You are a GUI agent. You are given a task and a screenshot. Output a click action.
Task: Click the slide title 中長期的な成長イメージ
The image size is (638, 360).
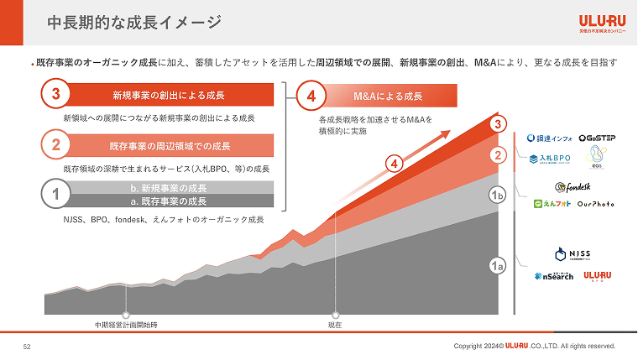coord(134,23)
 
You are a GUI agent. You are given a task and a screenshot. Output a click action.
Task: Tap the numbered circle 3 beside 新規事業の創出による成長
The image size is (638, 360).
coord(55,94)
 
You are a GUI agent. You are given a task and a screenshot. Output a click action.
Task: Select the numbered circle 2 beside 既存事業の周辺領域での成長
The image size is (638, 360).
coord(55,145)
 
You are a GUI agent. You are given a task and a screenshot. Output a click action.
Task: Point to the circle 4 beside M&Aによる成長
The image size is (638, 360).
coord(311,95)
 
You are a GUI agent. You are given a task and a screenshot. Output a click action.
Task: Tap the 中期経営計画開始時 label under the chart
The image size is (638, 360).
coord(126,325)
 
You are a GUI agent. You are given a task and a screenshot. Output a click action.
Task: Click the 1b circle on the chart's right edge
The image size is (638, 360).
coord(497,196)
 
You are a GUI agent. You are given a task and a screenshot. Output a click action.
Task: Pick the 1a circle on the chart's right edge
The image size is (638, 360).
coord(497,266)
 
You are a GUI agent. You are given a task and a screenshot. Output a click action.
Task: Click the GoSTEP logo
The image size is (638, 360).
coord(595,138)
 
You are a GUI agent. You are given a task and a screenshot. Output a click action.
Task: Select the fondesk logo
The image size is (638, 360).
coord(574,186)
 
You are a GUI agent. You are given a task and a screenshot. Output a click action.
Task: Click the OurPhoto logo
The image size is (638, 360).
coord(596,204)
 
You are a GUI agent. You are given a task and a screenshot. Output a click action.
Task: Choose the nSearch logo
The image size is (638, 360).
coord(553,276)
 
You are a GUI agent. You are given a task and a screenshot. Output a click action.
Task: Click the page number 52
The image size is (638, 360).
coord(27,346)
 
